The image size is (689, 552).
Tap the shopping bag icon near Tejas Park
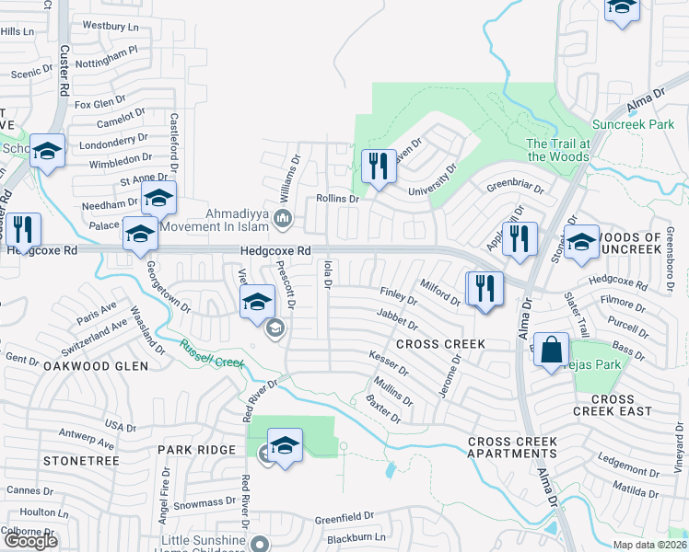(x=551, y=351)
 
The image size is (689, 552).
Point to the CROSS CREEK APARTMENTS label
(x=512, y=447)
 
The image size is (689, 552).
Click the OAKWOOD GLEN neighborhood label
(x=95, y=365)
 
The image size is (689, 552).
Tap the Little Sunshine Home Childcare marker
(x=261, y=543)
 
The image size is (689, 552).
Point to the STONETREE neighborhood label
(x=81, y=459)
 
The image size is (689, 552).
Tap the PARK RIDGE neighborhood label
(x=197, y=450)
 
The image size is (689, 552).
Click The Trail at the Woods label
(x=558, y=150)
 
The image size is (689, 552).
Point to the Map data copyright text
(x=651, y=545)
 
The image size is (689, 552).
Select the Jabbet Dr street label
(x=397, y=318)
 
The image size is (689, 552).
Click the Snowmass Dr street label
(x=205, y=504)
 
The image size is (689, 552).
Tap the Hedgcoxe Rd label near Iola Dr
(x=276, y=250)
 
